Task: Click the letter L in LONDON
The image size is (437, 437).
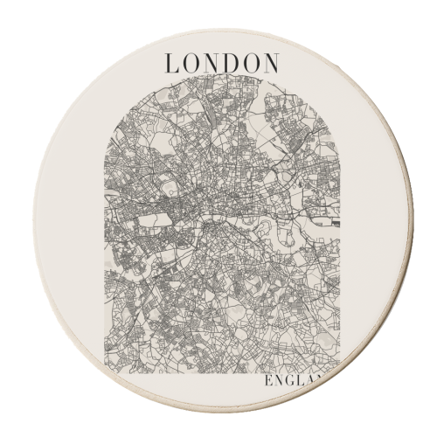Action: pos(172,64)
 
